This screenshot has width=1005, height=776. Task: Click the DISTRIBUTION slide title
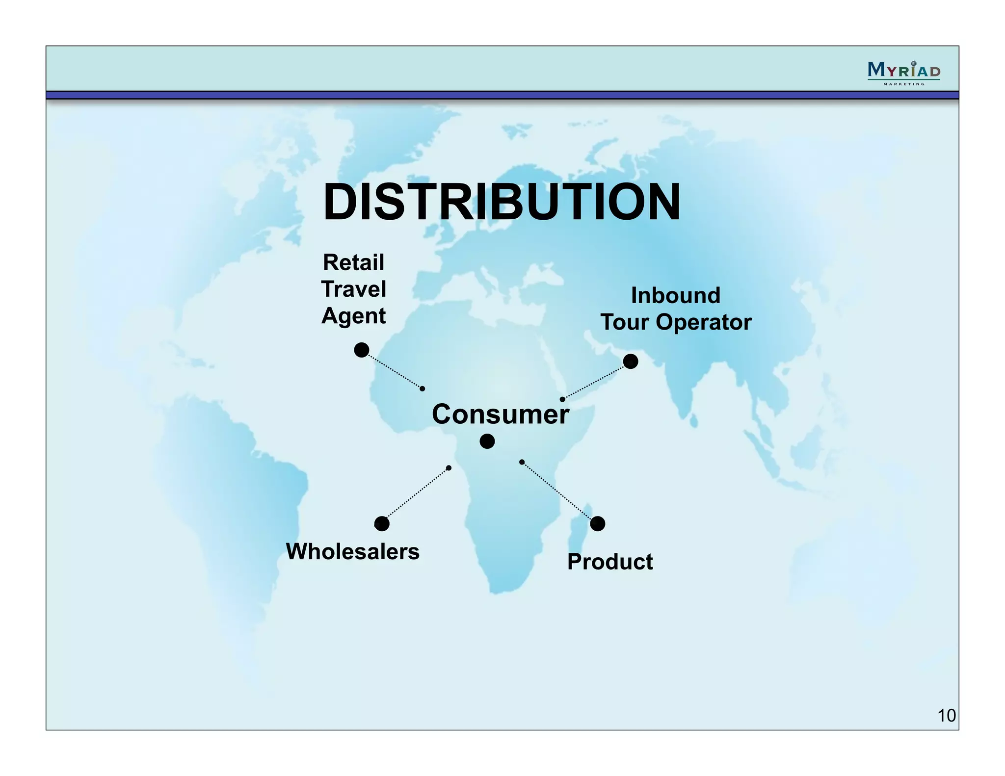pyautogui.click(x=502, y=202)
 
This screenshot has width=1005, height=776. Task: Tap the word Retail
pyautogui.click(x=353, y=262)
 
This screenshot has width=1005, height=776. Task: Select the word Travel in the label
pyautogui.click(x=353, y=289)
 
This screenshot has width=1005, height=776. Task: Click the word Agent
pyautogui.click(x=353, y=315)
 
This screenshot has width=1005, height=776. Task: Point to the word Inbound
pyautogui.click(x=675, y=295)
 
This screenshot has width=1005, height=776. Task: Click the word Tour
pyautogui.click(x=625, y=322)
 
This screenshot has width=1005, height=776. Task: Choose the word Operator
pyautogui.click(x=704, y=322)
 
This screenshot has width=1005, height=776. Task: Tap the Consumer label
pyautogui.click(x=500, y=414)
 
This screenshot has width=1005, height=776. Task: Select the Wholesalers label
pyautogui.click(x=352, y=551)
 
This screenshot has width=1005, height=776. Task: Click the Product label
pyautogui.click(x=610, y=562)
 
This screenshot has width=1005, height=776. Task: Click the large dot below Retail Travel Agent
pyautogui.click(x=362, y=350)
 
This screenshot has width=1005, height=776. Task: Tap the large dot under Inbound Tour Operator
pyautogui.click(x=631, y=362)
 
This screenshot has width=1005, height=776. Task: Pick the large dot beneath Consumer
pyautogui.click(x=487, y=441)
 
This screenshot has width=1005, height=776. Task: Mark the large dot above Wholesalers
pyautogui.click(x=382, y=524)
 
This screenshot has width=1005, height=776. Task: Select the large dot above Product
pyautogui.click(x=597, y=524)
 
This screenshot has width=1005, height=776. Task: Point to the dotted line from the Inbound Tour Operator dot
pyautogui.click(x=594, y=382)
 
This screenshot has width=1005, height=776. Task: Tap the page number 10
pyautogui.click(x=946, y=716)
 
